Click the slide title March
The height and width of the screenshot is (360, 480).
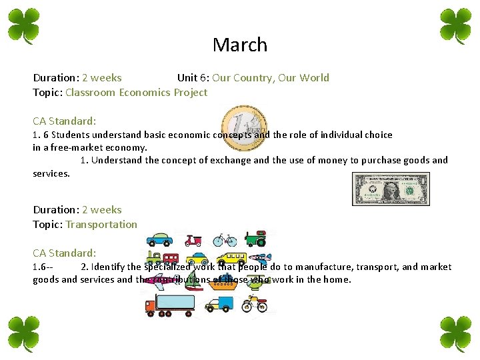tap(240, 45)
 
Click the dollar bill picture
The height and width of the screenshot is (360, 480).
tap(391, 189)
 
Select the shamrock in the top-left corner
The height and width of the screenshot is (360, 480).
tap(24, 25)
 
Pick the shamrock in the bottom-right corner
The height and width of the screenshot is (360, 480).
tap(456, 333)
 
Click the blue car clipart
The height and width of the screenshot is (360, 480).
tap(160, 239)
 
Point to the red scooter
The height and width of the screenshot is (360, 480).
tap(193, 239)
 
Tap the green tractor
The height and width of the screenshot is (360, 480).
tap(255, 238)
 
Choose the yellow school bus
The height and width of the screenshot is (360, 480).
tap(231, 259)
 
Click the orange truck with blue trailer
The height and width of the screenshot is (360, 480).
tap(169, 305)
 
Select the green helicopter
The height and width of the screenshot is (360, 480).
tap(257, 283)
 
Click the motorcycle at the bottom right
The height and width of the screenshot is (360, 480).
tap(254, 304)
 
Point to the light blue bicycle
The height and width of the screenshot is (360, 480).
tap(225, 239)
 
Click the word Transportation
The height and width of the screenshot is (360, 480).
tap(101, 225)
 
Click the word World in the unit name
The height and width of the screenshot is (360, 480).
tap(314, 78)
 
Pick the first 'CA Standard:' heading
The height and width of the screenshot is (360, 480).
tap(65, 121)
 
